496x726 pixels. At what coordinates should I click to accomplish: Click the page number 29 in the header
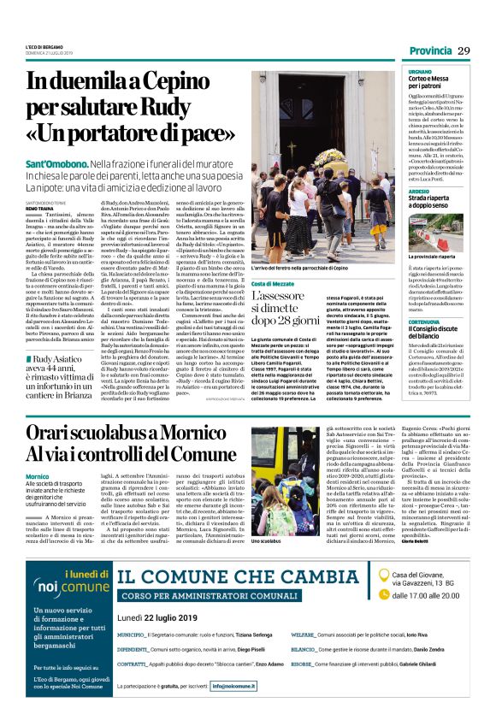coord(464,50)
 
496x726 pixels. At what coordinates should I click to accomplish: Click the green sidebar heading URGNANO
coord(396,73)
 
